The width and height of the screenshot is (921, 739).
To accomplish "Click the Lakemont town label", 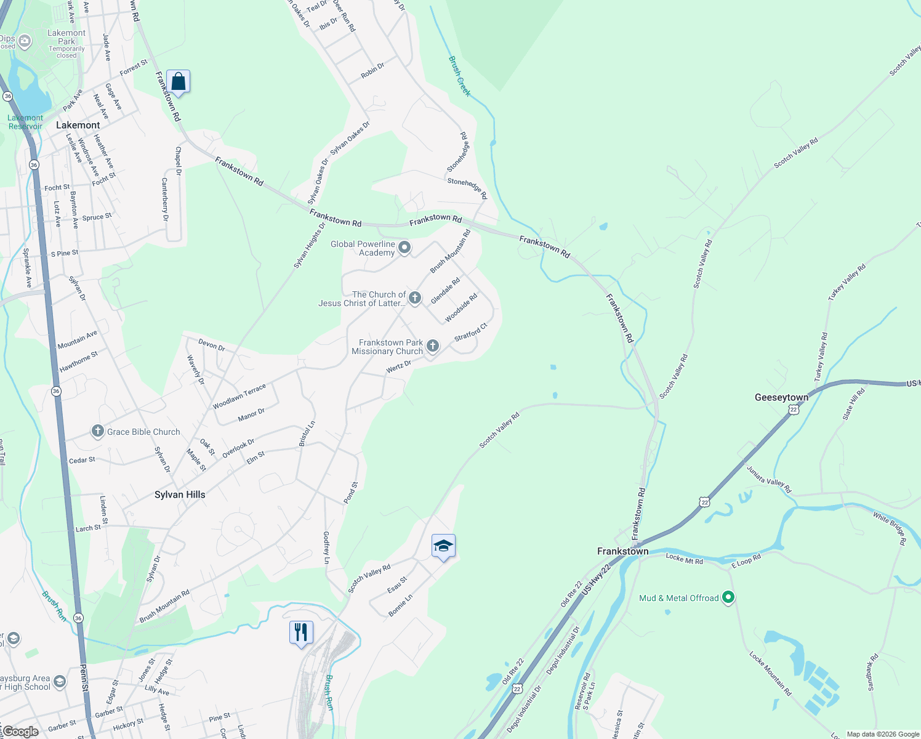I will (x=78, y=125).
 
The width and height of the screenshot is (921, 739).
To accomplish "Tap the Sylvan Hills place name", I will (x=180, y=495).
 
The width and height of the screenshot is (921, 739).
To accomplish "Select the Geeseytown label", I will (x=781, y=397).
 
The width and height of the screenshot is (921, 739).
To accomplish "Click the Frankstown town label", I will (x=622, y=551).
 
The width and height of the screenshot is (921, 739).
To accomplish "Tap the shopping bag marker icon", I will (x=178, y=81).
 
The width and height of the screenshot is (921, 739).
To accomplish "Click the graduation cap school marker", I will (x=443, y=546).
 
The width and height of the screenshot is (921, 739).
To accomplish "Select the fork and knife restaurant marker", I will (x=301, y=632).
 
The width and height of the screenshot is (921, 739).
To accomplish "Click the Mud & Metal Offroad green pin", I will (x=728, y=597).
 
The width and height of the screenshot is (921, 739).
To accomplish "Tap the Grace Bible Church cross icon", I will (x=97, y=431).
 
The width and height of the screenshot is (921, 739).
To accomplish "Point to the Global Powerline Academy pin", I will (x=404, y=248).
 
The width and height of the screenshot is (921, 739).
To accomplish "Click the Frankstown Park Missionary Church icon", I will (x=433, y=346).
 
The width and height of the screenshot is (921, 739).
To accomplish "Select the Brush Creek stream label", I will (x=459, y=76).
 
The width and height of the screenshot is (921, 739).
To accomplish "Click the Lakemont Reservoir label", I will (x=25, y=122).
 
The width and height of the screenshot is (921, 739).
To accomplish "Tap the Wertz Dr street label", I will (x=398, y=367).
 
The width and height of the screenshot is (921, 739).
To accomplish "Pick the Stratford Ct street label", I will (x=470, y=333).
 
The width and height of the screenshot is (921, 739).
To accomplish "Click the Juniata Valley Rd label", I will (x=769, y=479).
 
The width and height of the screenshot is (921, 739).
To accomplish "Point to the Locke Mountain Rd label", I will (x=770, y=674).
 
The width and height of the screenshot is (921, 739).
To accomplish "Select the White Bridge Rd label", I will (x=890, y=528).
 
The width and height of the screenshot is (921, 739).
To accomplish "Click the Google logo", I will (x=21, y=732).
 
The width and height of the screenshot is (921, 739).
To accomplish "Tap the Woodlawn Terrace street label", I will (x=239, y=397).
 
